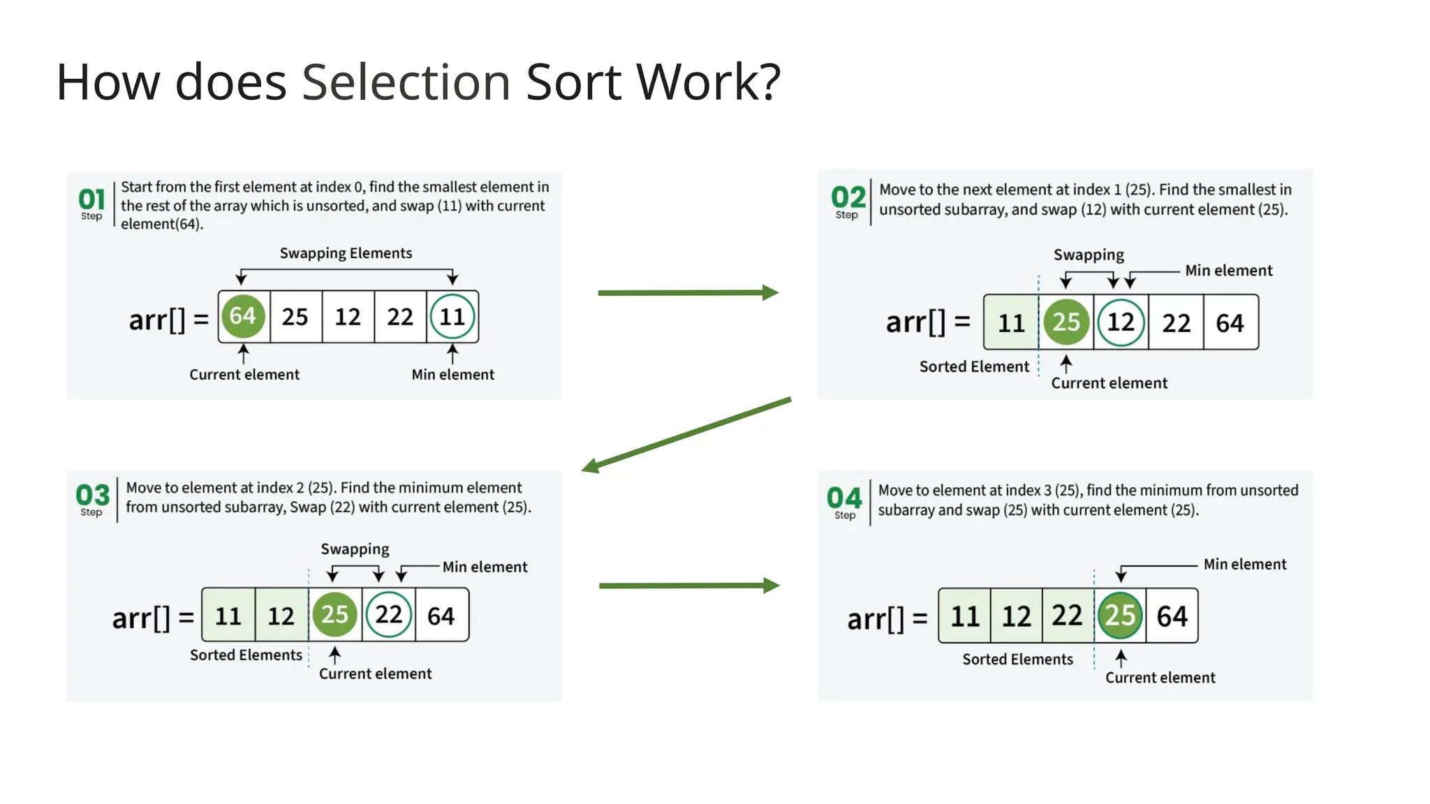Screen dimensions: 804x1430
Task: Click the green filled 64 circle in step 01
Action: pos(243,316)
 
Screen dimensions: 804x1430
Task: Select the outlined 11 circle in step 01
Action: pos(452,317)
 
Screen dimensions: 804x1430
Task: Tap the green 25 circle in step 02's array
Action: pos(1066,322)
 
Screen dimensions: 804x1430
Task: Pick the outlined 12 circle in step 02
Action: pos(1121,322)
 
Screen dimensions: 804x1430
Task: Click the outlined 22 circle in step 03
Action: pos(389,615)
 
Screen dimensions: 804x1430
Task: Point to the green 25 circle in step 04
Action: pos(1120,616)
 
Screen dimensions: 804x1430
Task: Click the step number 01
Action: pos(91,200)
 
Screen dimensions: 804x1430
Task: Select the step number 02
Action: pos(848,198)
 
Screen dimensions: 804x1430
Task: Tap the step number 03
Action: pos(93,496)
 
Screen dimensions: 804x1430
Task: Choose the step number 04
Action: pos(845,498)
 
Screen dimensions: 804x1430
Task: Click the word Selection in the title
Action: pos(406,82)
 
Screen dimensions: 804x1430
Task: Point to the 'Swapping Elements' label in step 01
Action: pos(346,253)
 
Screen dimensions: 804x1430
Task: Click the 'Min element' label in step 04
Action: pos(1244,565)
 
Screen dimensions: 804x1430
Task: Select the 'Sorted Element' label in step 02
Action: pos(974,367)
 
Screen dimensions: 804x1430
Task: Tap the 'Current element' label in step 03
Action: pos(376,674)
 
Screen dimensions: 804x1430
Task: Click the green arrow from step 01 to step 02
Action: pos(688,293)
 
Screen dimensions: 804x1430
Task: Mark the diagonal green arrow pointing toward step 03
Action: pos(687,434)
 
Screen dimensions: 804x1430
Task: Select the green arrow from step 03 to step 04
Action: pos(689,586)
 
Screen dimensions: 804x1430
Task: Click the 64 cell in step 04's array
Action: pos(1172,616)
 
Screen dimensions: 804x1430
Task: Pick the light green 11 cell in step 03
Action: pos(228,616)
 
